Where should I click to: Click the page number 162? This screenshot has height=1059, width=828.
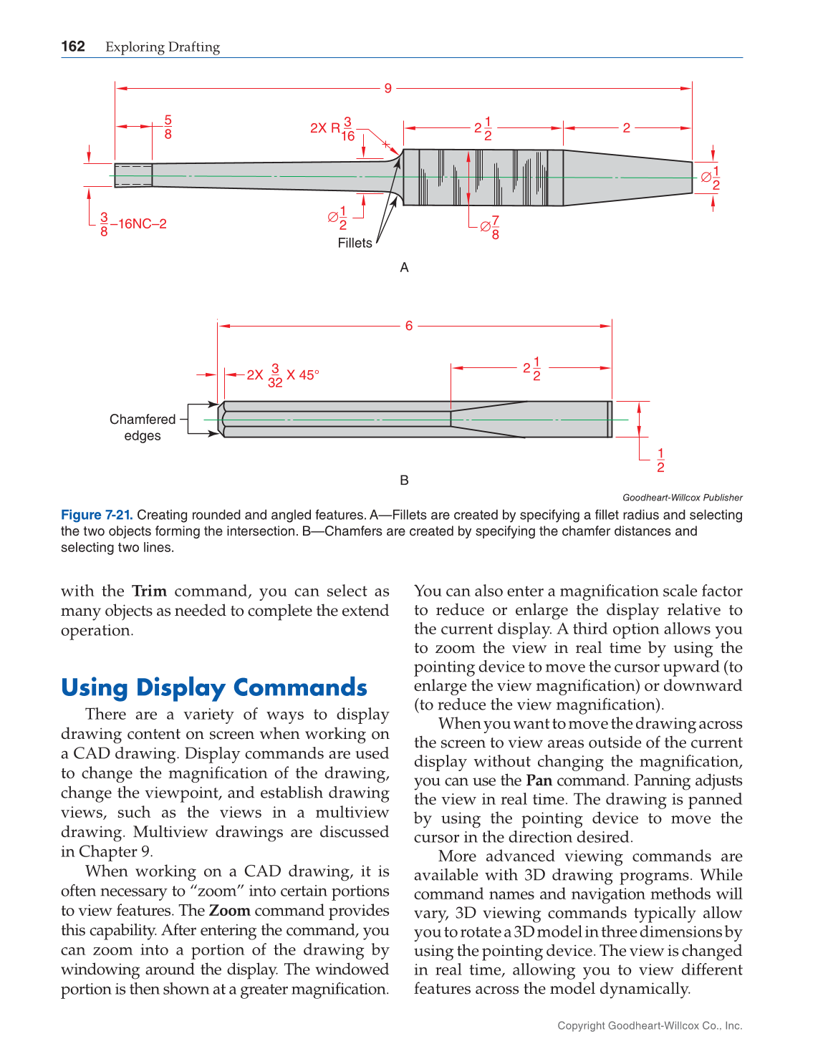coord(73,47)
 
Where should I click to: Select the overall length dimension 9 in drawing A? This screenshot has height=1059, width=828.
coord(387,88)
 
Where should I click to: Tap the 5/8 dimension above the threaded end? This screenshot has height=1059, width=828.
coord(168,127)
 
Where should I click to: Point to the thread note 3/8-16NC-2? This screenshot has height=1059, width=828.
coord(133,224)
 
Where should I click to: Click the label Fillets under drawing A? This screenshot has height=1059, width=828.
coord(355,243)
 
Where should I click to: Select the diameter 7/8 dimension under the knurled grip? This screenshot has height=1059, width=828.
coord(490,227)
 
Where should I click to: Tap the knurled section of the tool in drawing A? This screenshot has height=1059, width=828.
coord(482,177)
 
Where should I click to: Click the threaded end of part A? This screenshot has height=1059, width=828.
coord(133,175)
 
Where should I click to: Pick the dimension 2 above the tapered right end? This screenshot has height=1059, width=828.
coord(626,128)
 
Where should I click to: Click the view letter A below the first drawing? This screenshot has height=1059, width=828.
coord(404,268)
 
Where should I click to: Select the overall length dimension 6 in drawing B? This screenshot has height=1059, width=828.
coord(409,326)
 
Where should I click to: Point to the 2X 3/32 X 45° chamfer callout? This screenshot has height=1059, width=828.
coord(283,375)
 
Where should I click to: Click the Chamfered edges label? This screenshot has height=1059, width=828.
coord(143,427)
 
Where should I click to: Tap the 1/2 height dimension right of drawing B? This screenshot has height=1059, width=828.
coord(660,460)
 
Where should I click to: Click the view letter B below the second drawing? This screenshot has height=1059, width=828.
coord(404,480)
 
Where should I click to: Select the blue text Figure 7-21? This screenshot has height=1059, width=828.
coord(97,515)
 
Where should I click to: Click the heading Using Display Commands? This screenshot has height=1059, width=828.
coord(214,687)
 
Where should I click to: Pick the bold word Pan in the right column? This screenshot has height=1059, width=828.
coord(539,780)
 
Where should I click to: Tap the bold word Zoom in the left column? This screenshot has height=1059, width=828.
coord(229,911)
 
